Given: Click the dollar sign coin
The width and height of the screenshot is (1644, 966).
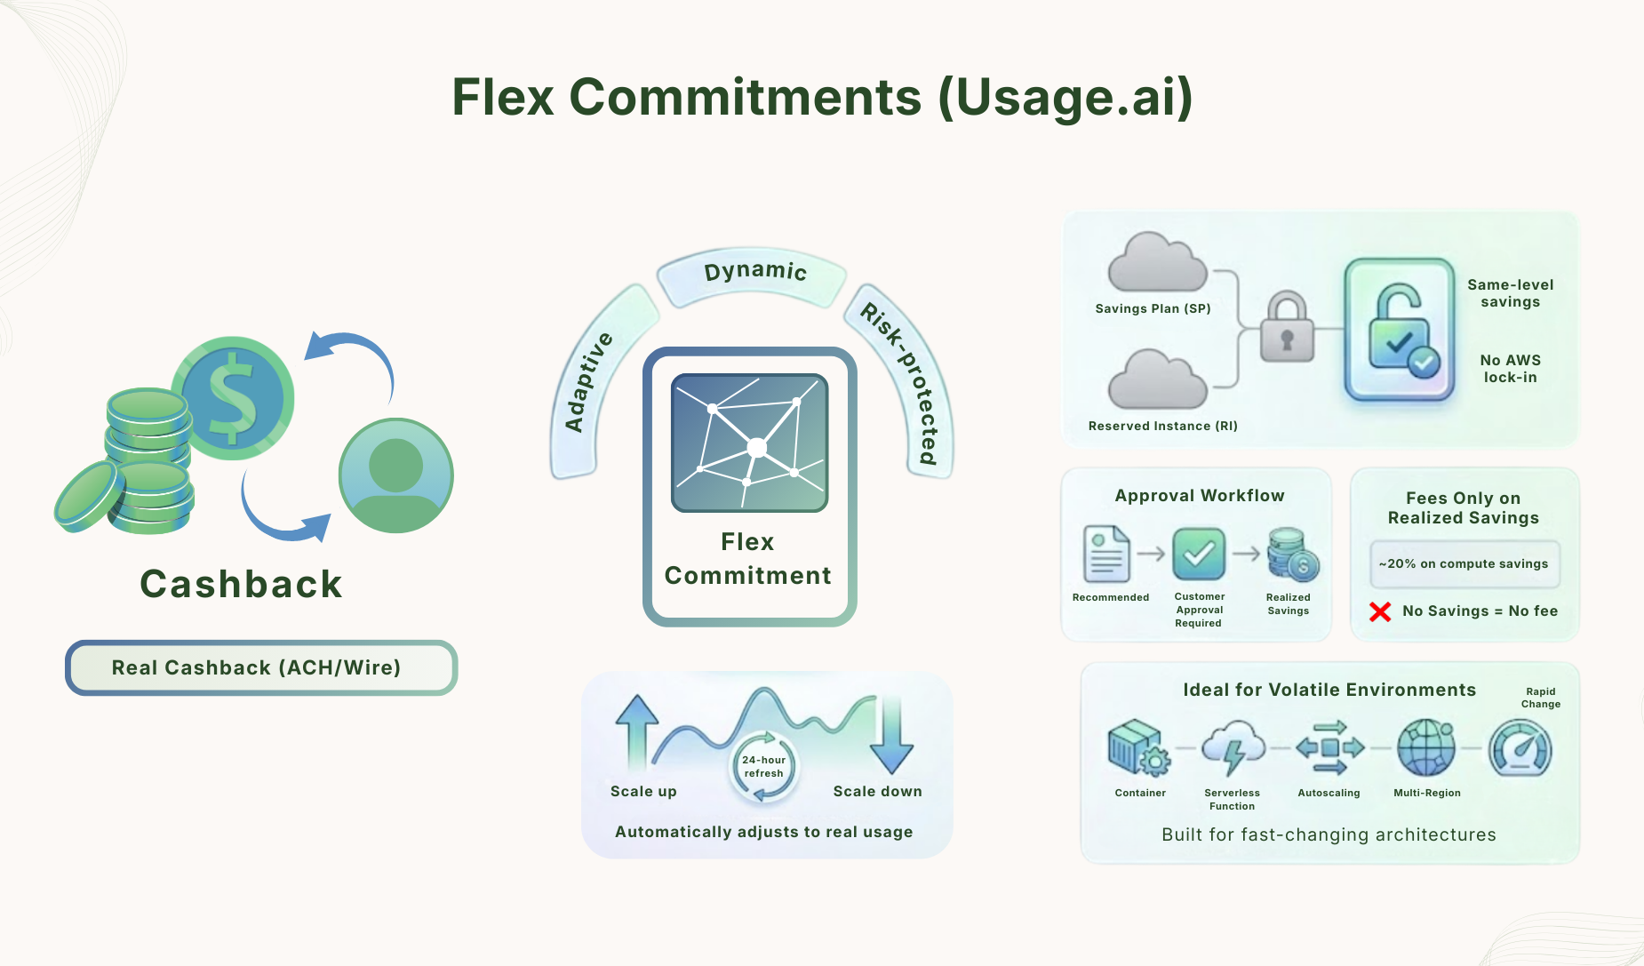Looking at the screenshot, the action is (233, 398).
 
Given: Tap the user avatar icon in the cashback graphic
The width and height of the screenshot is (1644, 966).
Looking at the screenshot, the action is (396, 476).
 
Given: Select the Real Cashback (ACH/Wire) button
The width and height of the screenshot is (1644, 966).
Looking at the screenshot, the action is (260, 667).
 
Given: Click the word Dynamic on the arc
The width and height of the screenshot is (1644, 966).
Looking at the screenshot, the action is (755, 271).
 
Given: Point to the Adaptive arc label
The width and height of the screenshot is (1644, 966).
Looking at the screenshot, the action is (588, 382).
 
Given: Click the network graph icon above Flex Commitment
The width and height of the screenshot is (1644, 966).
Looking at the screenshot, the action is (750, 443).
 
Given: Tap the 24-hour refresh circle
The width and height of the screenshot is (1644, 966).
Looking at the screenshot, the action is (763, 766).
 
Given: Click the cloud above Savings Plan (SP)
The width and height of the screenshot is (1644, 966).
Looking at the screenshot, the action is (1157, 263).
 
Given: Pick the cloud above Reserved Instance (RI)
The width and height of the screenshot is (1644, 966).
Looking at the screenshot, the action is (1157, 379).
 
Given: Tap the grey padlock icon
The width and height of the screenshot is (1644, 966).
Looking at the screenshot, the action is (1287, 328).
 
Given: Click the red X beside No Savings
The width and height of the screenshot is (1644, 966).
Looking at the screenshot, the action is (1380, 611).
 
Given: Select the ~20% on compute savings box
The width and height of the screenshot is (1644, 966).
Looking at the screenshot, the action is (1464, 564).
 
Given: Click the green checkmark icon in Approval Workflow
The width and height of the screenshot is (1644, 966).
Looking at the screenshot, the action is (1199, 554).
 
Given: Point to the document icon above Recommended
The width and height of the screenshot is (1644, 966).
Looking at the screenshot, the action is (1106, 554).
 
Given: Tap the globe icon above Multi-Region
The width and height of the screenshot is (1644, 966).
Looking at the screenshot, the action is (1426, 748).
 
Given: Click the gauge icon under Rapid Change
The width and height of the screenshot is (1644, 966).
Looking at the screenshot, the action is (1520, 748).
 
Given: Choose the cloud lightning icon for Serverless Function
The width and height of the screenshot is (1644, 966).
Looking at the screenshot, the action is (1233, 748).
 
